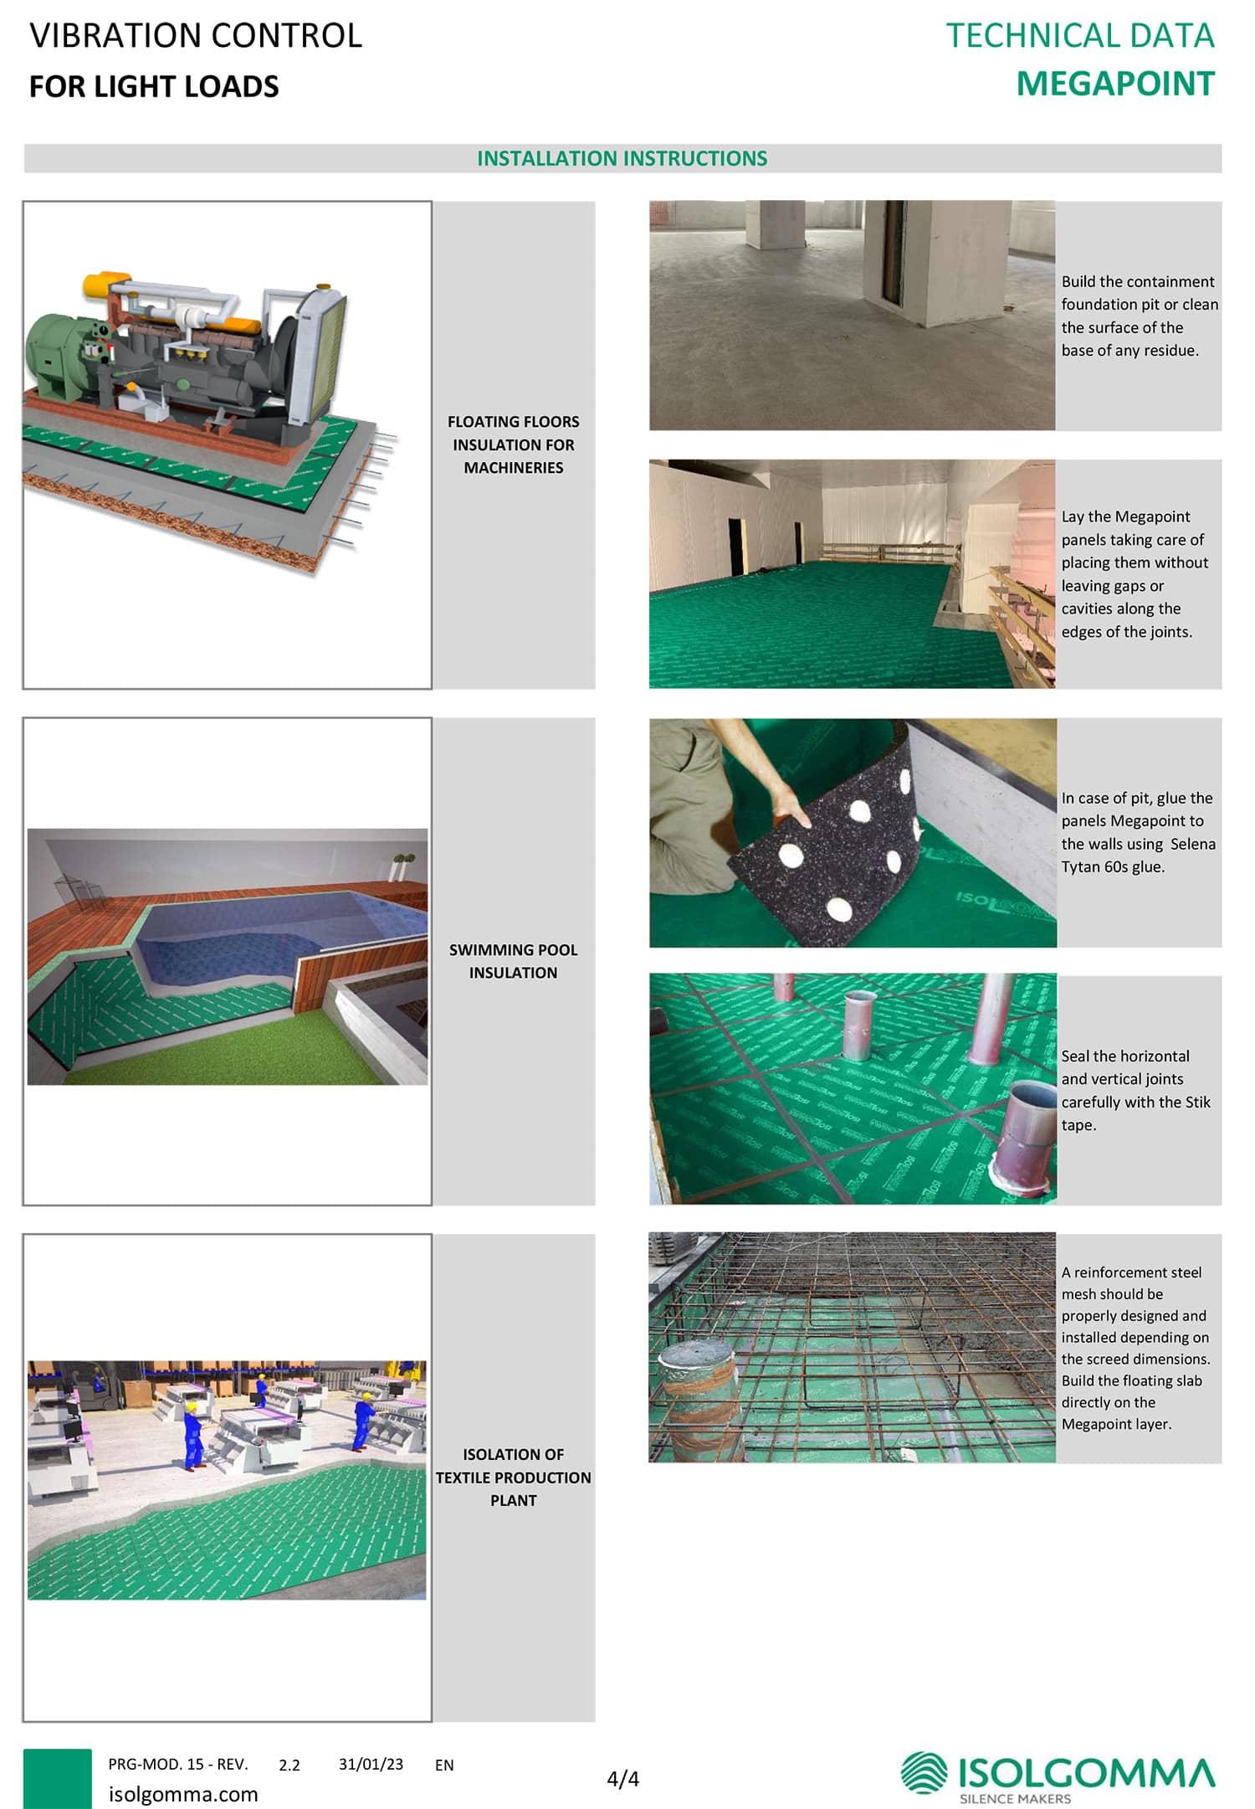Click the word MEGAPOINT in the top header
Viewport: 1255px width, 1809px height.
point(1115,84)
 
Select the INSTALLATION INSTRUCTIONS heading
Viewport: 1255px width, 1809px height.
point(622,158)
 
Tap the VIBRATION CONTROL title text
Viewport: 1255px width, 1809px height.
point(196,35)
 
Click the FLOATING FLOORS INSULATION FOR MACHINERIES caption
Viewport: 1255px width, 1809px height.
point(514,445)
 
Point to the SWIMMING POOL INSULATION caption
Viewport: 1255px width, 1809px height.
point(514,961)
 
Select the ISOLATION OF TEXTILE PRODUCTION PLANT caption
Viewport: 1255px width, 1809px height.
point(514,1477)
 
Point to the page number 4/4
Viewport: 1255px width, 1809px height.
point(622,1778)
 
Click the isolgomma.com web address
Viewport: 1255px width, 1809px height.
point(183,1794)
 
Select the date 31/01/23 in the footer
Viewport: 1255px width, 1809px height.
point(371,1764)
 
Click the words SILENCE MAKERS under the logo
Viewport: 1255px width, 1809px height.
point(1015,1798)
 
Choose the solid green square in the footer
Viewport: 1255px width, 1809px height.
point(57,1778)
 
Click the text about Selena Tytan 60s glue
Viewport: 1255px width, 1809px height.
point(1138,832)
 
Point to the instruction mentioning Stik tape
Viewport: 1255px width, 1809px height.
point(1135,1090)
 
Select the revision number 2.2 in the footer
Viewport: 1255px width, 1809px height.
point(289,1765)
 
